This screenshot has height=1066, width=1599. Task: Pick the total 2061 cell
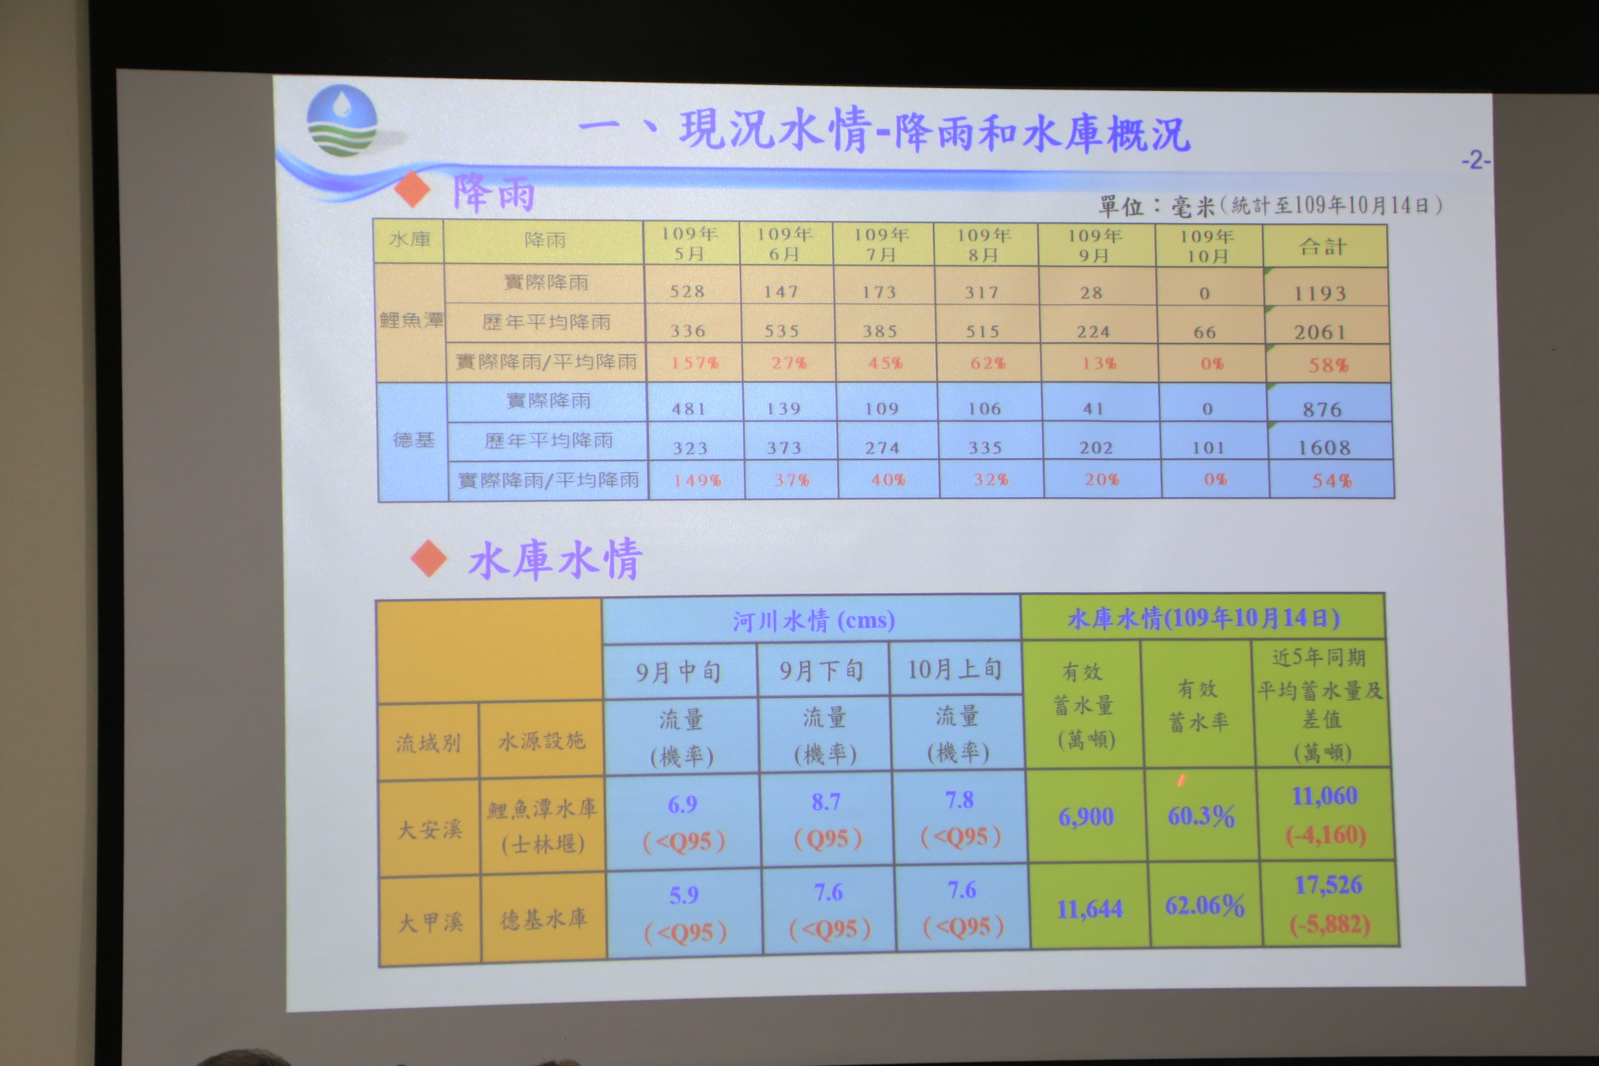click(x=1320, y=332)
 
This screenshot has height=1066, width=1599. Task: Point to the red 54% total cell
click(x=1331, y=481)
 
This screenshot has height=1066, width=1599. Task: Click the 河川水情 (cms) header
click(x=813, y=620)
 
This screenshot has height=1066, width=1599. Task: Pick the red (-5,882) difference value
click(x=1330, y=924)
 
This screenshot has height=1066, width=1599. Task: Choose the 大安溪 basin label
click(x=429, y=830)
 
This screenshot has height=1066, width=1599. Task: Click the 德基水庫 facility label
click(x=544, y=919)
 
